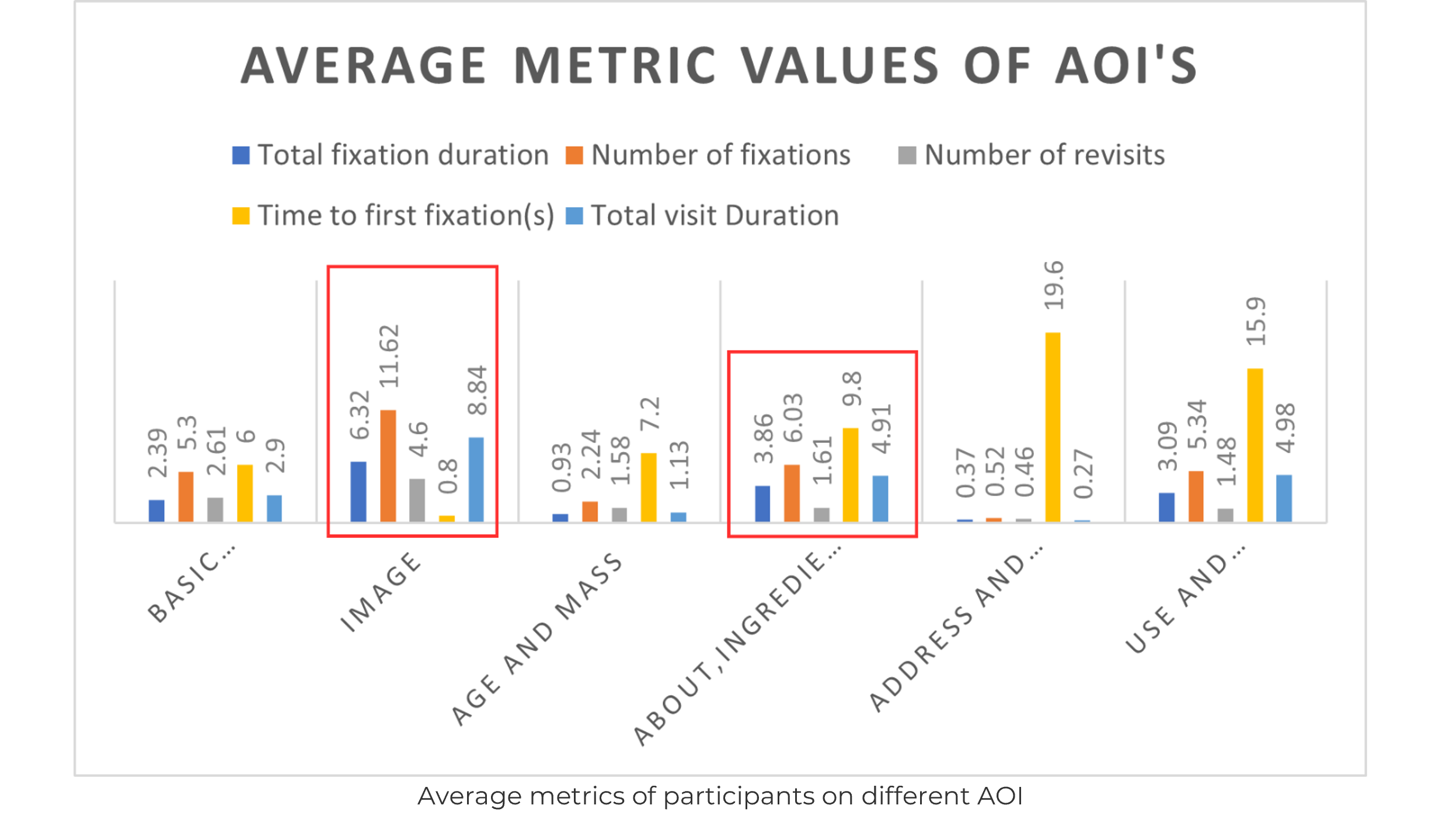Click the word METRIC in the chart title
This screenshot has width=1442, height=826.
(x=615, y=65)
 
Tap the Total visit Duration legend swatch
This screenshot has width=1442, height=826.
(x=574, y=216)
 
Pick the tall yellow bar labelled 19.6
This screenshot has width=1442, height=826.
(x=1053, y=427)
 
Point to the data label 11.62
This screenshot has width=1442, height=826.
(x=389, y=356)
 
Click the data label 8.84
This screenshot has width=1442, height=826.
(x=477, y=390)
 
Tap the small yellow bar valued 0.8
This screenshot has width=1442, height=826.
(x=447, y=518)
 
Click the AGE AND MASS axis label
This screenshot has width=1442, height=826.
(x=537, y=638)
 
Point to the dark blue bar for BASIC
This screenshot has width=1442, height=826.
(x=156, y=510)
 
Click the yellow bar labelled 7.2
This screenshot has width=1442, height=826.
(x=649, y=487)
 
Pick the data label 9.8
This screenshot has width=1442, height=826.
(x=852, y=388)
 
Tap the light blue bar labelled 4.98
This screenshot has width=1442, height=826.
(x=1284, y=498)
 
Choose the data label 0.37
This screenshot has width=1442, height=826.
(x=966, y=473)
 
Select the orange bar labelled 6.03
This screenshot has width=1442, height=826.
(x=792, y=493)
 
